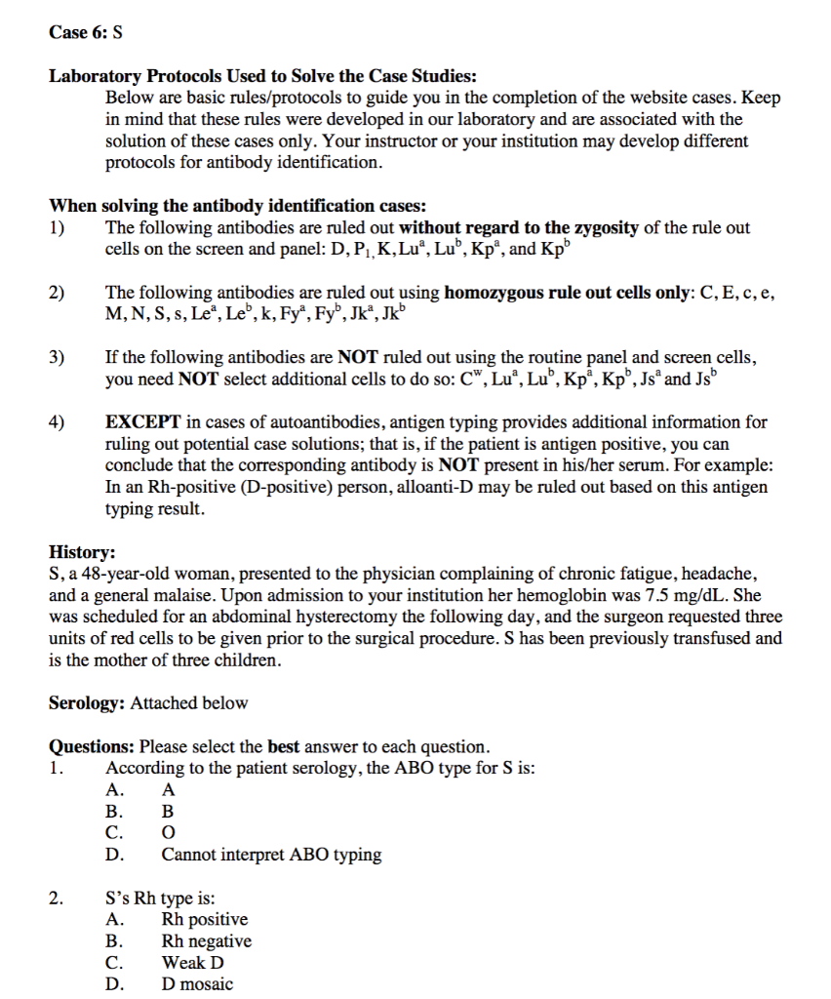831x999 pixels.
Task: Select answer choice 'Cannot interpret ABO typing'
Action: pyautogui.click(x=270, y=856)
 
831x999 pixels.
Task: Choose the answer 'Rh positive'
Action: pyautogui.click(x=204, y=920)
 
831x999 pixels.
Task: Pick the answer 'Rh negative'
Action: pyautogui.click(x=206, y=941)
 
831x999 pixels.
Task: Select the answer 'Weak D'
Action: pyautogui.click(x=192, y=963)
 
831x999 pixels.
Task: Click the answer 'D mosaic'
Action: pyautogui.click(x=197, y=984)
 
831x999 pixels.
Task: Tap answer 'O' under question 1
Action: pyautogui.click(x=168, y=833)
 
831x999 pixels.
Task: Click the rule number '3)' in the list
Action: pyautogui.click(x=59, y=357)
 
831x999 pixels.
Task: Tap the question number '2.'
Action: pyautogui.click(x=57, y=899)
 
